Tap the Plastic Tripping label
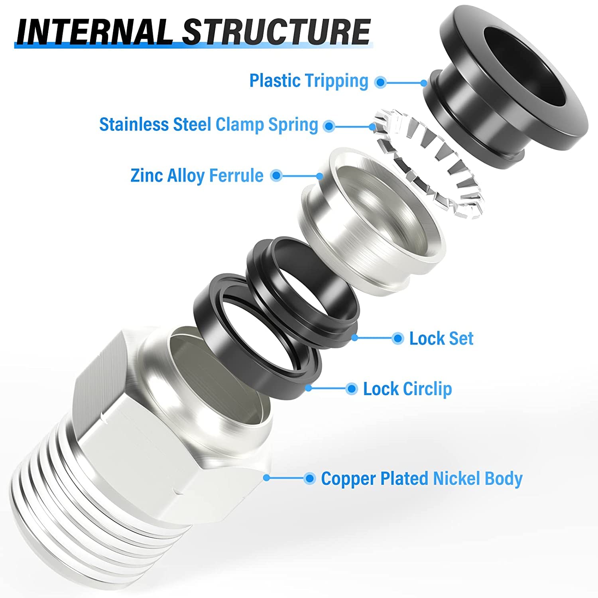pos(309,81)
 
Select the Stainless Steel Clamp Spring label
pos(209,125)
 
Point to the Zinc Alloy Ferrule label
pos(197,175)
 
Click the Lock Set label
pos(441,339)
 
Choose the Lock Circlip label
pos(407,389)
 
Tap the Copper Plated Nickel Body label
pos(421,479)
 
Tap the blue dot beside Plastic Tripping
pos(381,83)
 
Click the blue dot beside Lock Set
pos(397,338)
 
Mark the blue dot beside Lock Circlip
pos(351,389)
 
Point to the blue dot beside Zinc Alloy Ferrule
pos(276,175)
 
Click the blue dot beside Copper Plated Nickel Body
pos(309,478)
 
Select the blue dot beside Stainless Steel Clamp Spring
pos(329,126)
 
